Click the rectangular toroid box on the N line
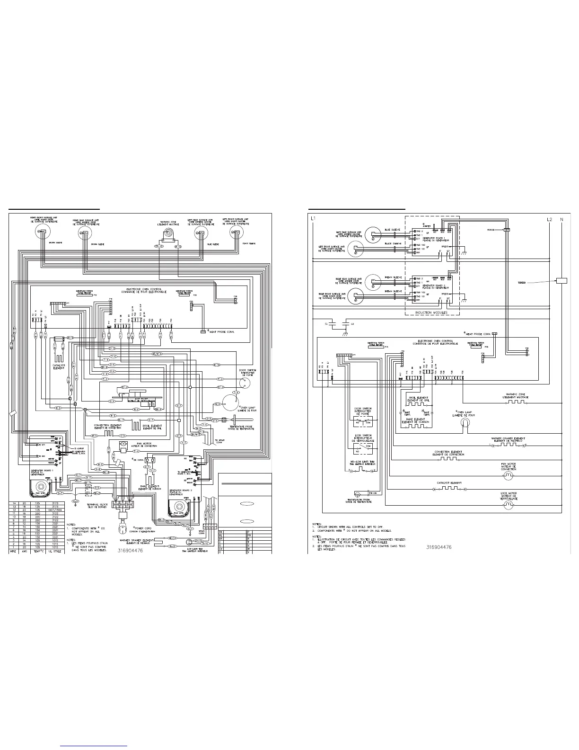click(561, 281)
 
